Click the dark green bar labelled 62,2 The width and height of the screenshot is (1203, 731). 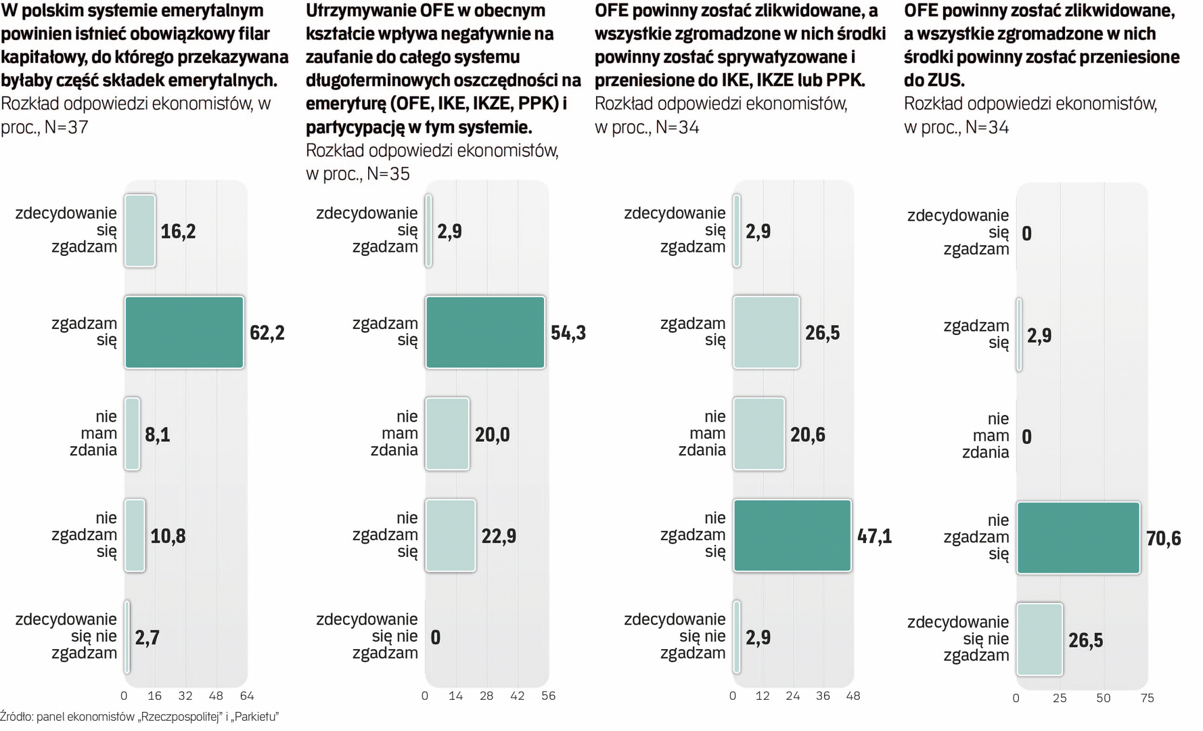(x=184, y=332)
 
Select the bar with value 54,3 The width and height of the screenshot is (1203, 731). (x=485, y=332)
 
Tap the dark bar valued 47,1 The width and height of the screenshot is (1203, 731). (x=792, y=535)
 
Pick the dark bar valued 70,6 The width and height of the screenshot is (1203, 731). (x=1079, y=538)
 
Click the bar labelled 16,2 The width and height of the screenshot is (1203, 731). (x=140, y=231)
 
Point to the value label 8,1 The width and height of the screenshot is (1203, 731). (x=158, y=435)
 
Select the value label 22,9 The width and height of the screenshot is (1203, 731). (x=499, y=536)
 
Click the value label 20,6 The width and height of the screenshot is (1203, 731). (x=808, y=435)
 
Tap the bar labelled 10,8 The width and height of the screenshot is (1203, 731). (x=135, y=535)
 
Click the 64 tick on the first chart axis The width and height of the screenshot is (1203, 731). (x=247, y=696)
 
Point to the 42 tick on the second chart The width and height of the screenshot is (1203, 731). (x=518, y=696)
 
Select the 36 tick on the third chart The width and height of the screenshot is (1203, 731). (x=823, y=696)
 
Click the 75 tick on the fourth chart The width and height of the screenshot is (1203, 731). (x=1148, y=698)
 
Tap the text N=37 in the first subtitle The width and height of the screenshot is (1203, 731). (x=66, y=127)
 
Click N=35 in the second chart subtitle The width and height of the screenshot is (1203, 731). (x=388, y=174)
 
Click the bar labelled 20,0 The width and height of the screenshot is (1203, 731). (x=447, y=434)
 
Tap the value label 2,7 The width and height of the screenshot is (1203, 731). (x=147, y=638)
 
